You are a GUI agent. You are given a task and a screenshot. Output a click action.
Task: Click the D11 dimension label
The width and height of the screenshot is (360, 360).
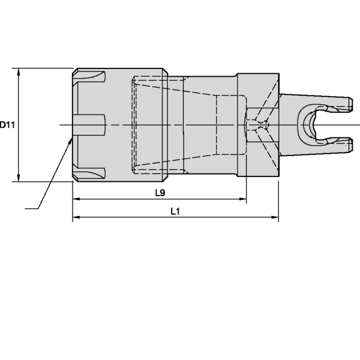[7, 125]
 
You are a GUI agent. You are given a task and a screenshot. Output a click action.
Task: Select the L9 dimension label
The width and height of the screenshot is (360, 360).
[160, 193]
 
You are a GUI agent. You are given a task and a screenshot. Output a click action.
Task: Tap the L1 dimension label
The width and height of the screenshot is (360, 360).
[175, 211]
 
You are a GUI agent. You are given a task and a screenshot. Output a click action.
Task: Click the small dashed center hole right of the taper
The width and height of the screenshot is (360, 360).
[259, 125]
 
